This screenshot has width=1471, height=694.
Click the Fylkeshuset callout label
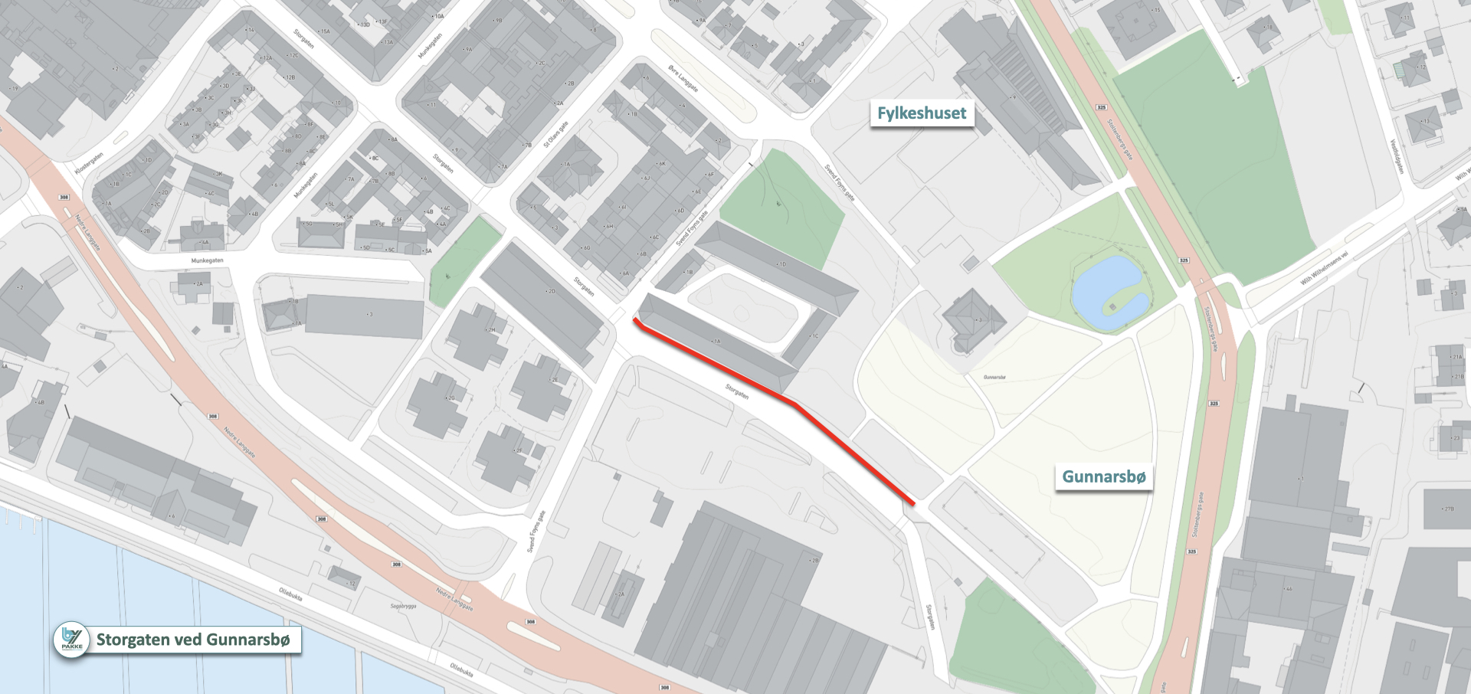[922, 113]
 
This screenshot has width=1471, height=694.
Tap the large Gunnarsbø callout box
[1103, 476]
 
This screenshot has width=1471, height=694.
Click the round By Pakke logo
[71, 640]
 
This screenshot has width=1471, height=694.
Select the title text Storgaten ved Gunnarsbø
[193, 640]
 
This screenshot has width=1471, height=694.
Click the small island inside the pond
[1113, 307]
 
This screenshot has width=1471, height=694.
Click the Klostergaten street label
[89, 163]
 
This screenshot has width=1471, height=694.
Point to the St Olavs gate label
[555, 134]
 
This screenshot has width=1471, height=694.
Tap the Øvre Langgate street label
[683, 78]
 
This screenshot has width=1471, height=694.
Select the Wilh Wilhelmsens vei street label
[1323, 268]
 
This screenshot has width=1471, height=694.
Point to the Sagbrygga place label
[403, 606]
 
